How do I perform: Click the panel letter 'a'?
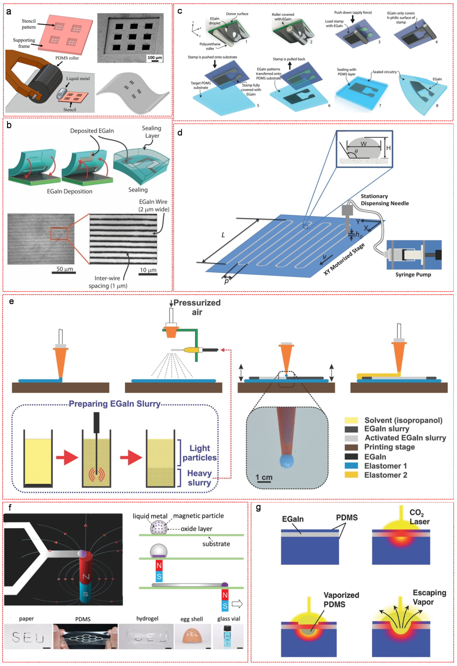(x=9, y=12)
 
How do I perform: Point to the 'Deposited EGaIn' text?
(x=92, y=131)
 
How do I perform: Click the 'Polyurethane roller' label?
(x=210, y=46)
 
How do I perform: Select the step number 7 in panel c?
(x=380, y=106)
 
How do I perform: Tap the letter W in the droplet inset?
(x=363, y=144)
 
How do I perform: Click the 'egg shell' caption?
(x=191, y=619)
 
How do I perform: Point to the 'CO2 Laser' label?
(x=419, y=517)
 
